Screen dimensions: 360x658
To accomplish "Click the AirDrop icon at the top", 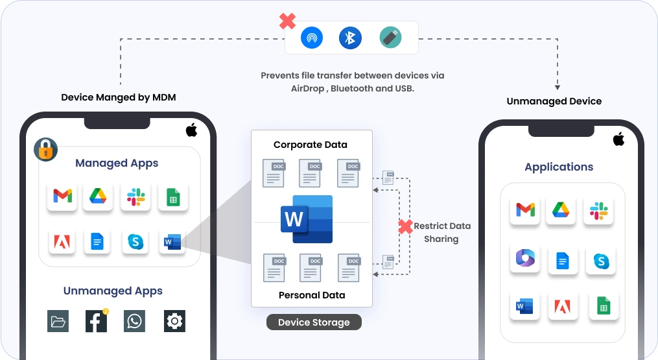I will (312, 38).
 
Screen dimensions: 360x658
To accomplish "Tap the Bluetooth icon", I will (351, 38).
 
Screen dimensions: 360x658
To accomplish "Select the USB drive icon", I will (390, 38).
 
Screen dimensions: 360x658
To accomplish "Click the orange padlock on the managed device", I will (45, 150).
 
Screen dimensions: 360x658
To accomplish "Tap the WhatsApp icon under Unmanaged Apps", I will (135, 321).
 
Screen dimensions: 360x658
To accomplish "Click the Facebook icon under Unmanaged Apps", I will (96, 321).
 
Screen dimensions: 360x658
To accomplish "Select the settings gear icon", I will (174, 321).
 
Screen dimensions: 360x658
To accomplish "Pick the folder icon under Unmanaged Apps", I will (58, 321).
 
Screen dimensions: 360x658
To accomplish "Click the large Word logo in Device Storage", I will (307, 219).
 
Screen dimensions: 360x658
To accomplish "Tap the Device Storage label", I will (314, 322).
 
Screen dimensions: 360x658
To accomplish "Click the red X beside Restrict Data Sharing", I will (405, 227).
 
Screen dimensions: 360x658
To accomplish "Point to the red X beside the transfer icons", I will (288, 21).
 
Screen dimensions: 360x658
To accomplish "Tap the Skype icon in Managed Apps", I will (135, 242).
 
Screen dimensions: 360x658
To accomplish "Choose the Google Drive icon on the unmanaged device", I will (561, 210).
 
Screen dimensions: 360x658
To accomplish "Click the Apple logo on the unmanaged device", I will (618, 139).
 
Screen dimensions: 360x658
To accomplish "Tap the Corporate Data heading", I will (311, 145).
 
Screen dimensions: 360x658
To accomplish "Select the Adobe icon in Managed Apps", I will (63, 242).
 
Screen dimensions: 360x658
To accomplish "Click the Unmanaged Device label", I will (554, 101).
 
